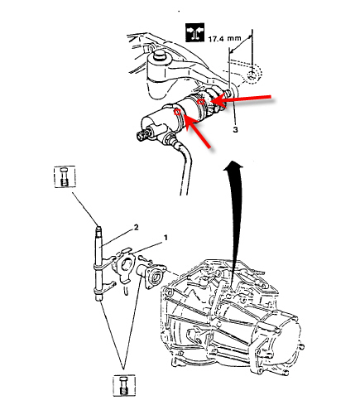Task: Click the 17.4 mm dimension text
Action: (224, 38)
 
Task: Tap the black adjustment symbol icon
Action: (195, 32)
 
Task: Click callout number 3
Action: (235, 129)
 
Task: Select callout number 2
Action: (136, 228)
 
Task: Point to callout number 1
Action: (166, 238)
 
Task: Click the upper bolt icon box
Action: (65, 177)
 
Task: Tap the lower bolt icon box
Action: (124, 385)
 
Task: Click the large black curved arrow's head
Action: (233, 165)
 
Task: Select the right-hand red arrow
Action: (242, 99)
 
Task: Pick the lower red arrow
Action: (197, 131)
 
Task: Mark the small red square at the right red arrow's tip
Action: (201, 102)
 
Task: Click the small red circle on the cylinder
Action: (177, 112)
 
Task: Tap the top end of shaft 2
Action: (98, 228)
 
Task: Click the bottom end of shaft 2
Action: (98, 298)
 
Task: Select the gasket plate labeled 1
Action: (124, 266)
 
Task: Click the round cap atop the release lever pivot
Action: (159, 55)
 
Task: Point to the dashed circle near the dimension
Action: (252, 75)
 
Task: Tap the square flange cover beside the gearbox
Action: (154, 277)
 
